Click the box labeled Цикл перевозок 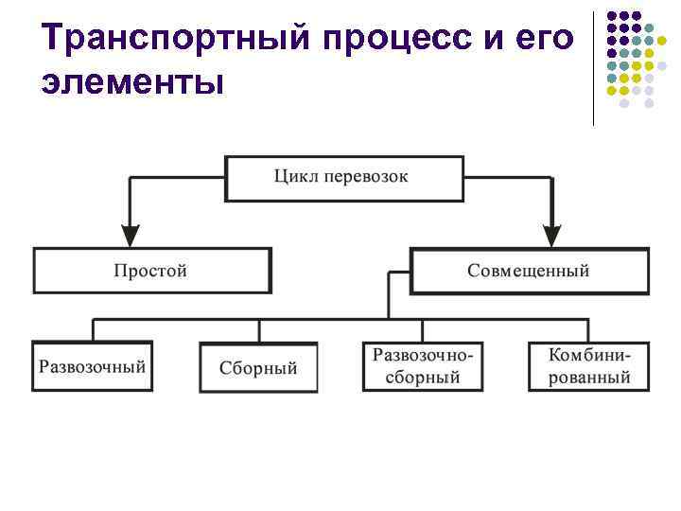[x=344, y=178]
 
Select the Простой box [x=152, y=271]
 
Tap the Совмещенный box [x=528, y=271]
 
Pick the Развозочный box [x=93, y=365]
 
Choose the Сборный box [x=258, y=367]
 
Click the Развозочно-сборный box [x=422, y=365]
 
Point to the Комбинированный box [x=588, y=365]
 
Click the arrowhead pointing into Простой [x=131, y=236]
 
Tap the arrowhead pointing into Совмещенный [x=552, y=236]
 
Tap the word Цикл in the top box [x=293, y=176]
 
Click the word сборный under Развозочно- [x=422, y=377]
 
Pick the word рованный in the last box [x=588, y=377]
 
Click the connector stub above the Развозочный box [x=93, y=330]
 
